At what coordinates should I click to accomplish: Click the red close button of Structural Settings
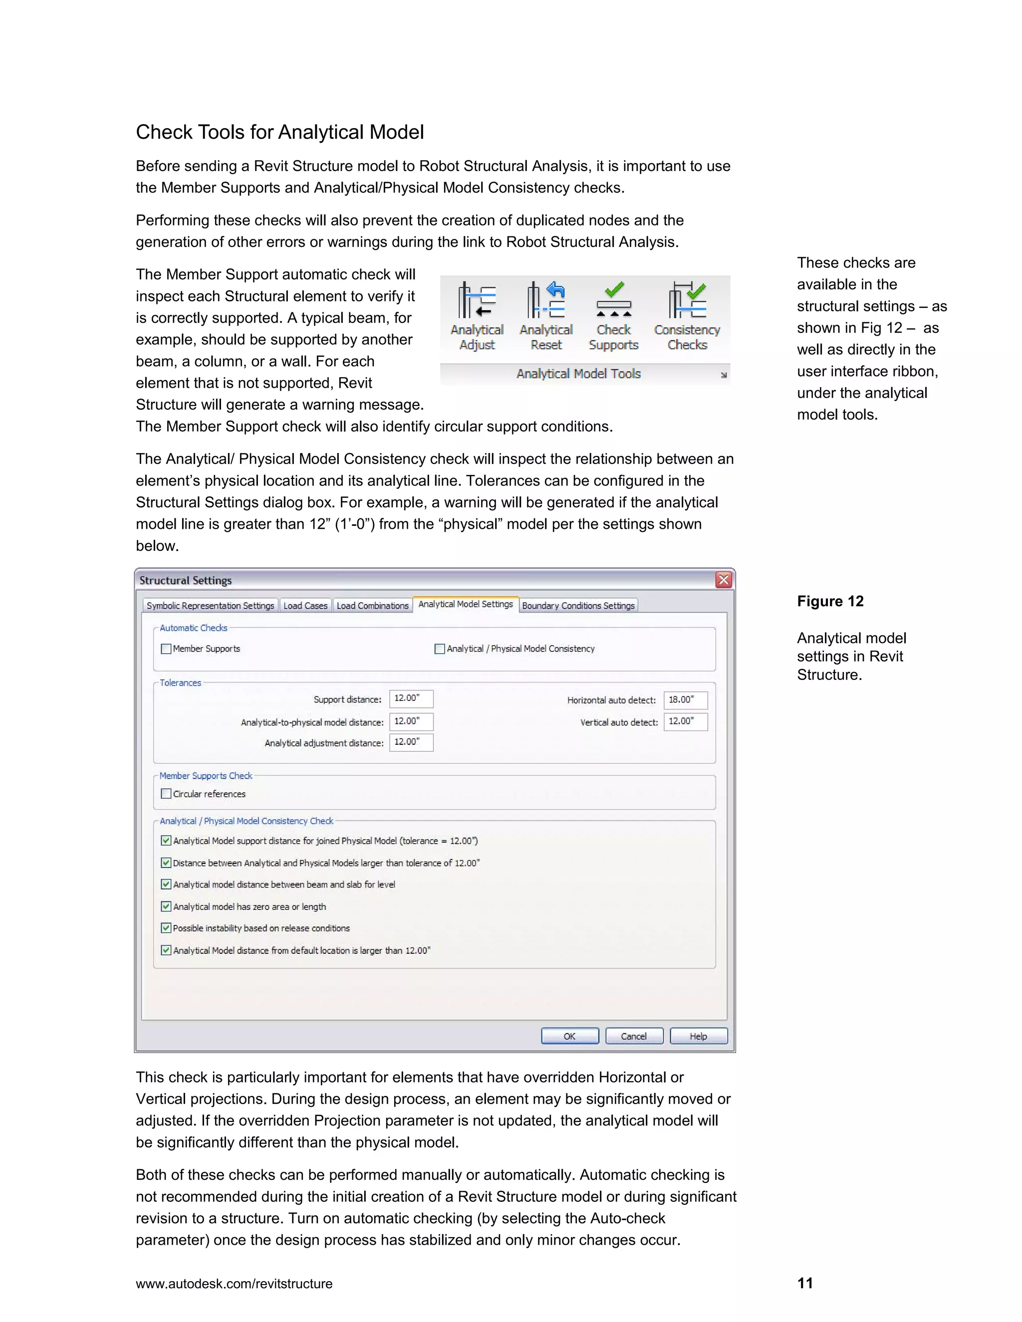[724, 580]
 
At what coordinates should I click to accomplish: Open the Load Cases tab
[305, 605]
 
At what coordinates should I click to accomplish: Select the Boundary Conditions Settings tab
[578, 605]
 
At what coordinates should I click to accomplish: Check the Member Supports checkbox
[166, 649]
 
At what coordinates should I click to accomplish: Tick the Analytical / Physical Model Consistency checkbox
[440, 649]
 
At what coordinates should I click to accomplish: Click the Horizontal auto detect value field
[685, 700]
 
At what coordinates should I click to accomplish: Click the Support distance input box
[411, 698]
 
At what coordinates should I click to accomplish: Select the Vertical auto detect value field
[685, 721]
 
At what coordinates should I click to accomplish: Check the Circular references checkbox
[166, 794]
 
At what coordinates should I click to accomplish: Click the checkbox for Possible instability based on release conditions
[166, 928]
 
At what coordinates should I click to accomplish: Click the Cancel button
[634, 1036]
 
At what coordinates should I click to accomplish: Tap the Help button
[698, 1036]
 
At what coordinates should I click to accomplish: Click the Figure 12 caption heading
[830, 601]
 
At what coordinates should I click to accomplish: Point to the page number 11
[804, 1283]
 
